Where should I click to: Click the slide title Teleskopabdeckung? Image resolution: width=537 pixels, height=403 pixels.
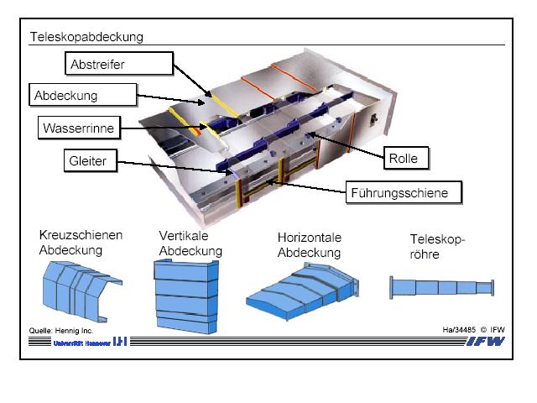click(86, 37)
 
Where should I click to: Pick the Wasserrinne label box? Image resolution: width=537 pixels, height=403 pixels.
click(81, 128)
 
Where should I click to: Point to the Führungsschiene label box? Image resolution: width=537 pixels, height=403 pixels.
click(404, 192)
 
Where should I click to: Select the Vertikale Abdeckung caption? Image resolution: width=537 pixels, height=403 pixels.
click(190, 243)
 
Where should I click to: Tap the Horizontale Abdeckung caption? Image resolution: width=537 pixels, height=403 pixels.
click(309, 245)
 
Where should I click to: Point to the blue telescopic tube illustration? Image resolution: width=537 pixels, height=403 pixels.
click(441, 287)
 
